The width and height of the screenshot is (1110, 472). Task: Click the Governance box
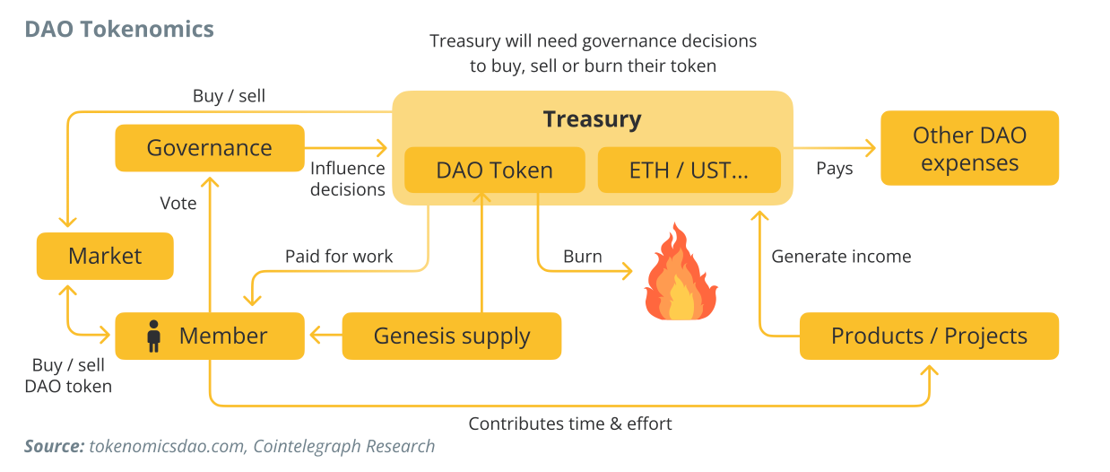(210, 148)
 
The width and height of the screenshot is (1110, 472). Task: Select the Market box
(105, 256)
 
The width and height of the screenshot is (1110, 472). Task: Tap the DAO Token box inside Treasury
(494, 170)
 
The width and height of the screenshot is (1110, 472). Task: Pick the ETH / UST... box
(689, 170)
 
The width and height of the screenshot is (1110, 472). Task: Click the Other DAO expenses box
(969, 149)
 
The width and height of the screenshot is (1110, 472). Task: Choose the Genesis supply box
(452, 337)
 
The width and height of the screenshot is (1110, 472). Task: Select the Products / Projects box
(929, 337)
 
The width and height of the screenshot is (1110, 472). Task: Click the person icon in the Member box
(153, 336)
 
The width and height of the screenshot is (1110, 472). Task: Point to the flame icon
(681, 274)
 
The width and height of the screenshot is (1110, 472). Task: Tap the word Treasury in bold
(593, 119)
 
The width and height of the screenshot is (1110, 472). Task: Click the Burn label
(582, 257)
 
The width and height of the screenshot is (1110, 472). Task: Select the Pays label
(834, 169)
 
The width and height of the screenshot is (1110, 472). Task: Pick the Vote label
(178, 204)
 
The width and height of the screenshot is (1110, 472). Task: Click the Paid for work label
(339, 257)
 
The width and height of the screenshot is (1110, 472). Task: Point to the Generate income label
(841, 257)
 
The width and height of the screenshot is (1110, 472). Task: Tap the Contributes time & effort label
(570, 424)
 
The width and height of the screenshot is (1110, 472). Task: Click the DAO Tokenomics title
(119, 29)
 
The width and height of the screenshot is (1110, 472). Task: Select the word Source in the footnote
(53, 446)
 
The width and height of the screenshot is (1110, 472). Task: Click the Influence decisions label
(348, 179)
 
